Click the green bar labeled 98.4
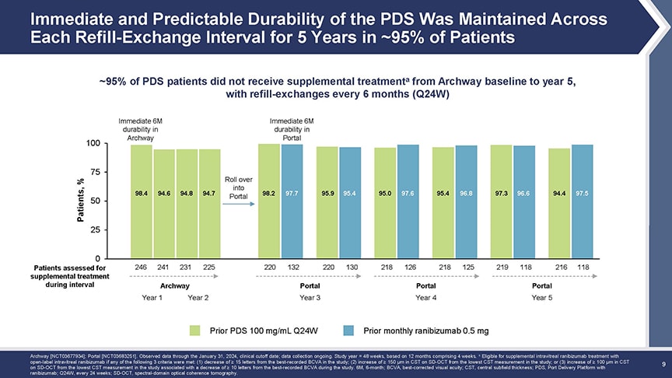coord(141,201)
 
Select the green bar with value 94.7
coord(208,203)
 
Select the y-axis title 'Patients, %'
coord(80,201)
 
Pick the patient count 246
coord(141,267)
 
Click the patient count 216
coord(558,267)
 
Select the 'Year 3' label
coord(310,297)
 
